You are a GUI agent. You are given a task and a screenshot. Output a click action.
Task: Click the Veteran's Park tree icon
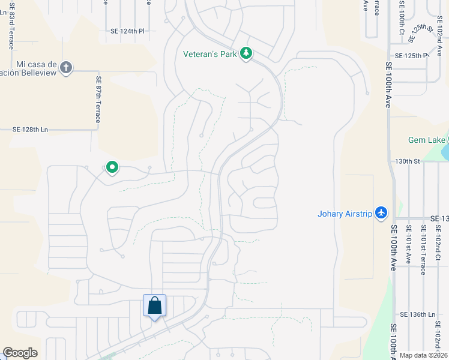(x=246, y=54)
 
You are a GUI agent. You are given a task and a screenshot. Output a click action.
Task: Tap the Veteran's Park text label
(x=210, y=54)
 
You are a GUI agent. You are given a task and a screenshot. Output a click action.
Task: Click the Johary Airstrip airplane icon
(x=381, y=212)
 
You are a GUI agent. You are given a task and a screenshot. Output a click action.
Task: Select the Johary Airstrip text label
(x=345, y=213)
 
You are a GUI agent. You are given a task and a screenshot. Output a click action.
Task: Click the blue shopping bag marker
(x=155, y=306)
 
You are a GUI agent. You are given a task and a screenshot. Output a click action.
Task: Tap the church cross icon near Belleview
(x=66, y=67)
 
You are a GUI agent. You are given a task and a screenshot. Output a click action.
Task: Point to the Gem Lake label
(x=427, y=140)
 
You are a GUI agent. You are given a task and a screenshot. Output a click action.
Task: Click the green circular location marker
(x=112, y=167)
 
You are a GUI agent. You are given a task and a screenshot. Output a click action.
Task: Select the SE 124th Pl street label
(x=127, y=31)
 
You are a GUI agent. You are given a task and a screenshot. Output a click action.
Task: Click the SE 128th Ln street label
(x=29, y=129)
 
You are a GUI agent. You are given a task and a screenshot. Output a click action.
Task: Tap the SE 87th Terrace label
(x=97, y=99)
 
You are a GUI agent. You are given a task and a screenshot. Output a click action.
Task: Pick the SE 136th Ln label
(x=417, y=314)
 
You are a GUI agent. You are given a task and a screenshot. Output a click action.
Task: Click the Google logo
(x=20, y=353)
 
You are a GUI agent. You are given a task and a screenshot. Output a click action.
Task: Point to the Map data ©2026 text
(x=423, y=355)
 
